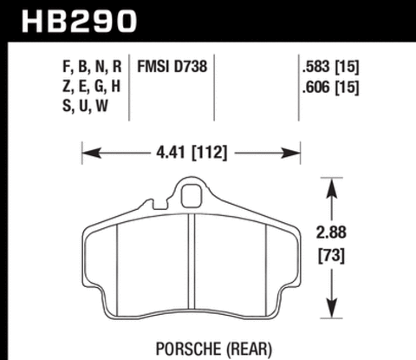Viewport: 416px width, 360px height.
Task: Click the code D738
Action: pos(192,66)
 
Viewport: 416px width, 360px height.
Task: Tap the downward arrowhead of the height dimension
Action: pos(330,316)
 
